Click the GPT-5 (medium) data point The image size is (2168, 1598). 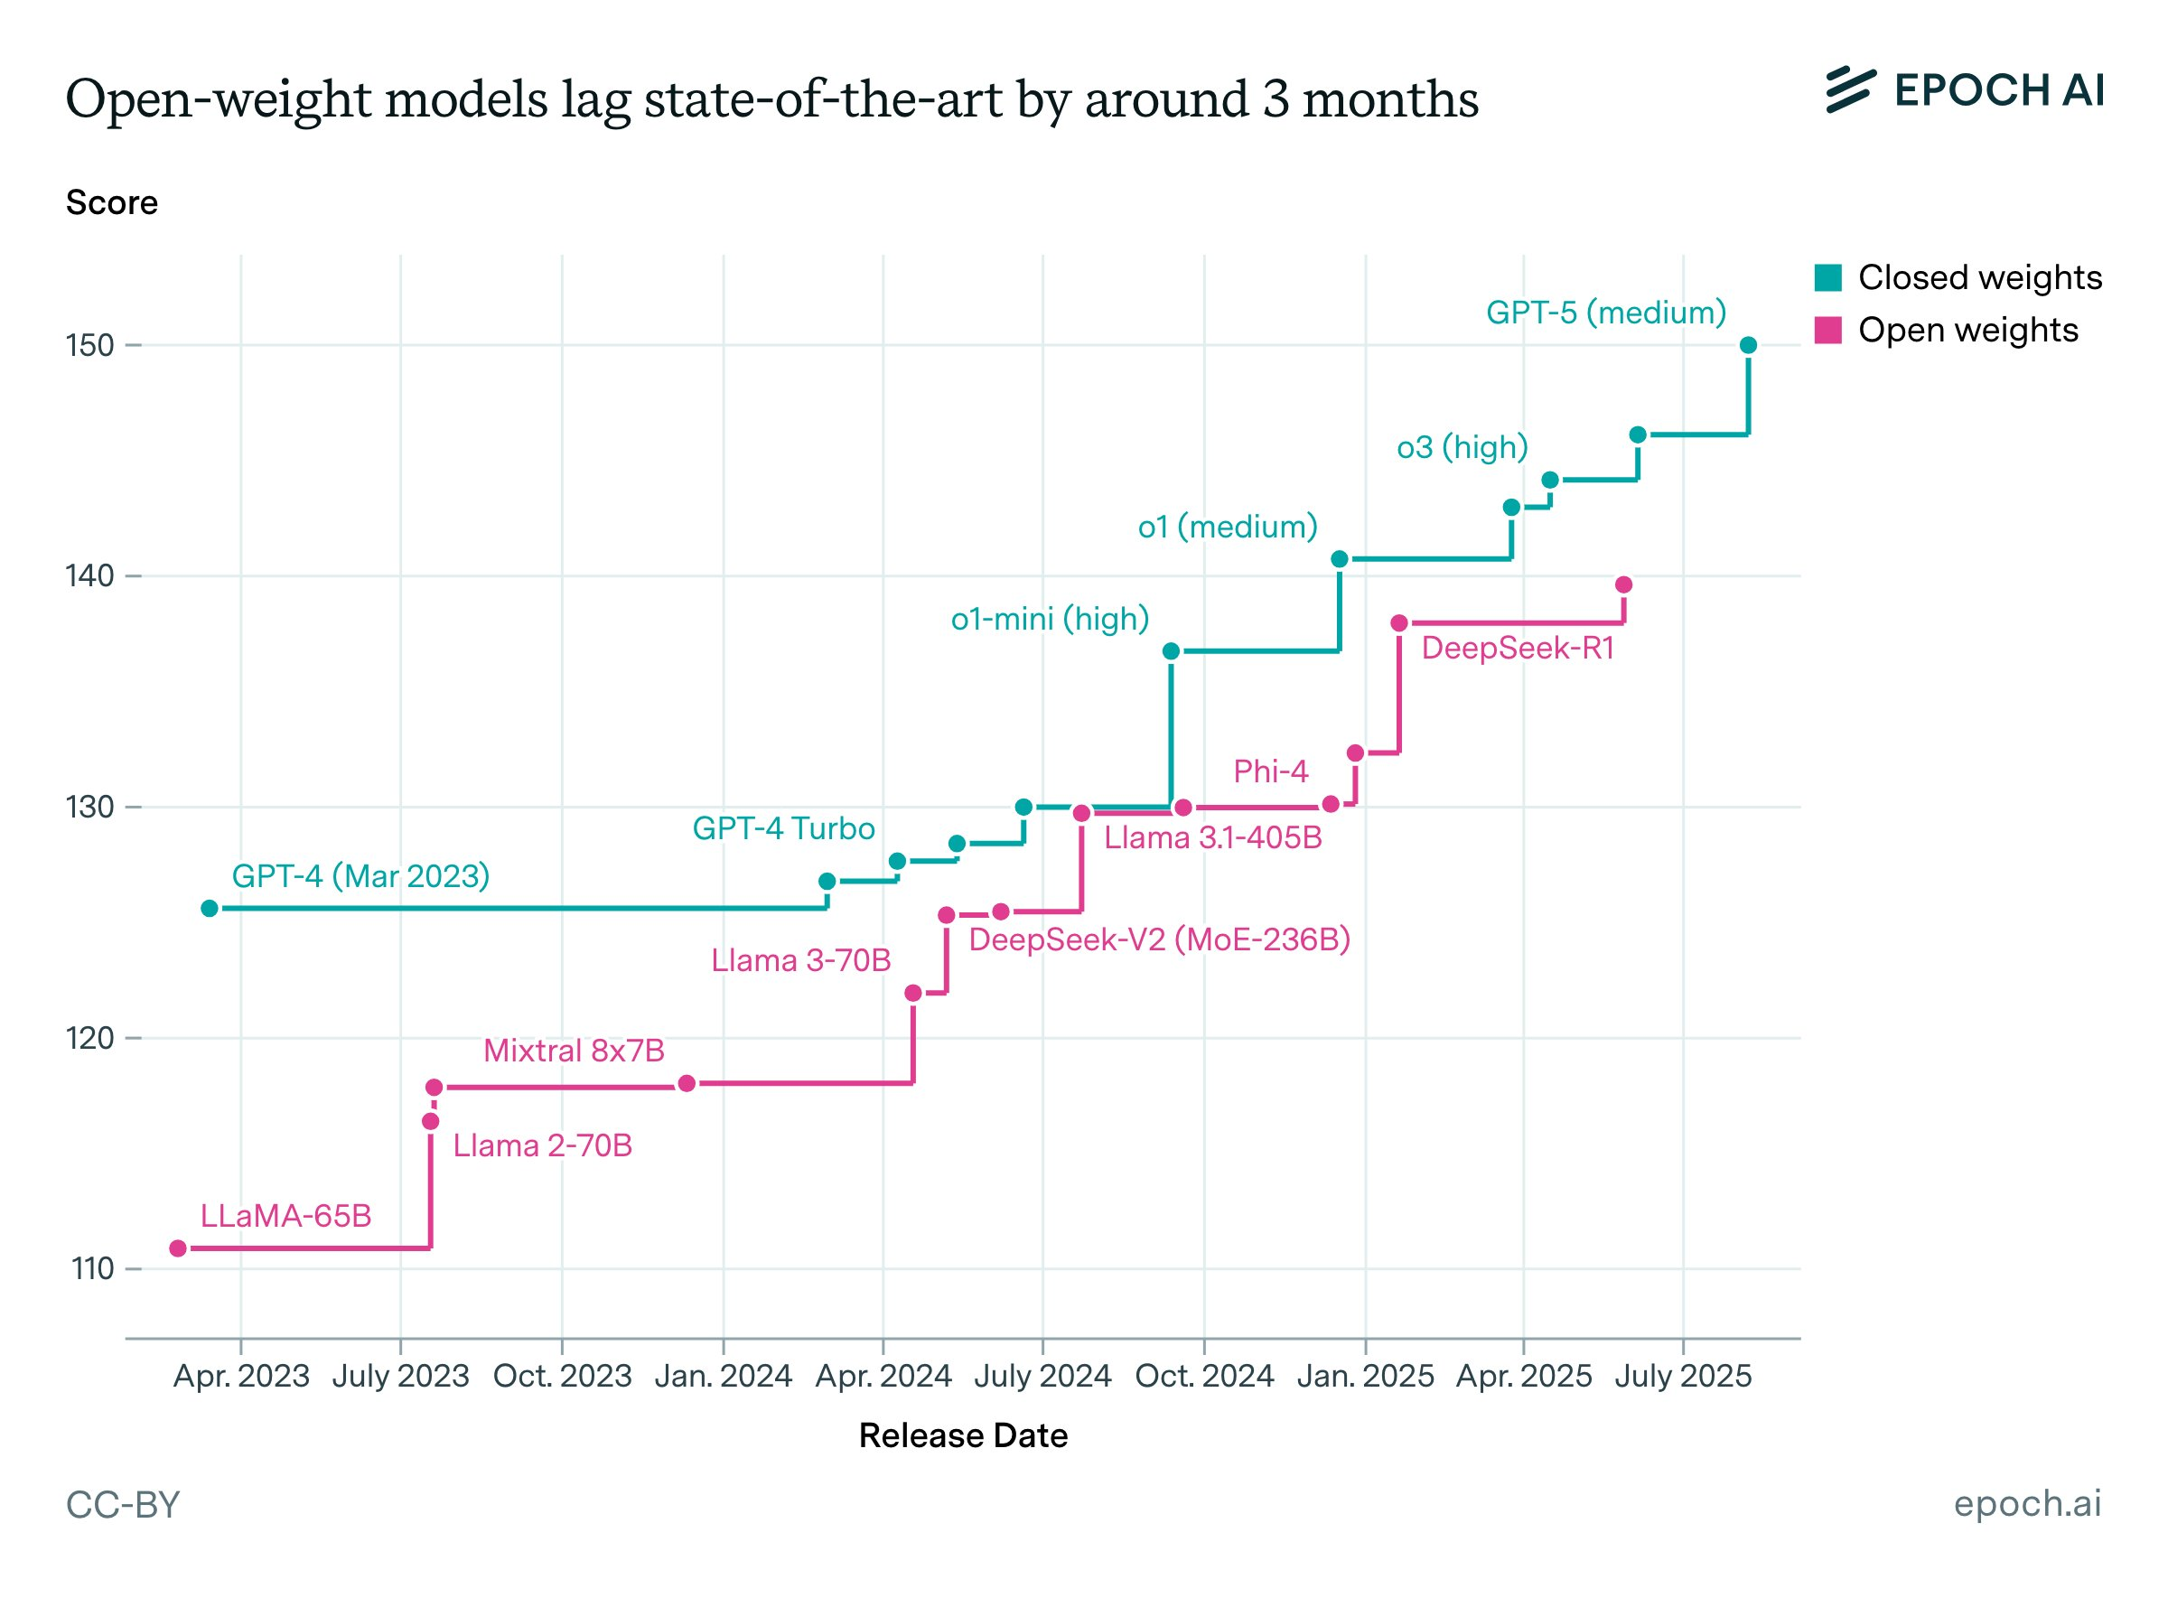click(x=1747, y=345)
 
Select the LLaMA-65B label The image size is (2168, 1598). click(x=285, y=1216)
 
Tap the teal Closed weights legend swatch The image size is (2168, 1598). click(x=1827, y=277)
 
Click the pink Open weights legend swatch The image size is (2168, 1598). click(x=1827, y=330)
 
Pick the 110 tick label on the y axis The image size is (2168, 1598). click(x=93, y=1268)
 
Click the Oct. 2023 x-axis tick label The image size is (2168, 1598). click(x=562, y=1376)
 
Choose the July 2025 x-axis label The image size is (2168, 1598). click(x=1682, y=1376)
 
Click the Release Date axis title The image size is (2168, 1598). click(x=963, y=1435)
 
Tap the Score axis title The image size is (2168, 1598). click(x=111, y=202)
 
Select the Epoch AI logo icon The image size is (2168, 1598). click(x=1850, y=90)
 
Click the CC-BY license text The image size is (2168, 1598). click(x=123, y=1505)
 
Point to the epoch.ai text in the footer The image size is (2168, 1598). click(x=2027, y=1503)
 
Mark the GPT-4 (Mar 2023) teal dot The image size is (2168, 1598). click(x=209, y=909)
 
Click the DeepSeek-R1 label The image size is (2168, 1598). click(x=1517, y=648)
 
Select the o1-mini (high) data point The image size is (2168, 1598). click(x=1171, y=651)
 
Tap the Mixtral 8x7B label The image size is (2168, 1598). click(x=574, y=1051)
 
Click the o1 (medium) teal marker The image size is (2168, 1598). click(x=1339, y=559)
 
